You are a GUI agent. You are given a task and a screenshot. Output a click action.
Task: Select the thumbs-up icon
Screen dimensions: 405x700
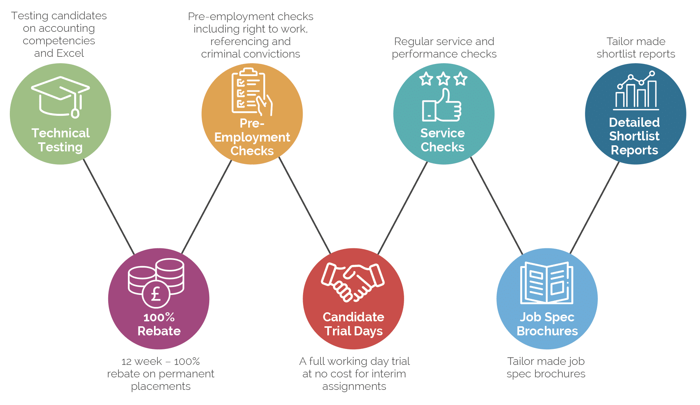point(442,106)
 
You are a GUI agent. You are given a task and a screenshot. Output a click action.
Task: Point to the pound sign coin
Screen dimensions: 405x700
point(156,294)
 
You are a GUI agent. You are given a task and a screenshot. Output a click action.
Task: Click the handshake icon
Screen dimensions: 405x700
point(353,282)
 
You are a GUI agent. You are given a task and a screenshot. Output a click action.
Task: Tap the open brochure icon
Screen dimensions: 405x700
point(547,283)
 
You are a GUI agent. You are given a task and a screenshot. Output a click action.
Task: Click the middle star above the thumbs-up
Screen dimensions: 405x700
point(443,79)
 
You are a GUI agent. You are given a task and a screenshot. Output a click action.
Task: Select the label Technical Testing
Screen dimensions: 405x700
point(61,140)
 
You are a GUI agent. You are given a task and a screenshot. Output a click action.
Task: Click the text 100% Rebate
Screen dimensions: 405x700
point(159,324)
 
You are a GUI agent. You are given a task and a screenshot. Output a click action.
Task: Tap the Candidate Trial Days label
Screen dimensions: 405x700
point(353,324)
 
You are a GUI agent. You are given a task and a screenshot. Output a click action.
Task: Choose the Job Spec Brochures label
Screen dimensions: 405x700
point(547,324)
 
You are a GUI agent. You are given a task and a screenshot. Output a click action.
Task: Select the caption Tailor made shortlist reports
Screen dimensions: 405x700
point(636,48)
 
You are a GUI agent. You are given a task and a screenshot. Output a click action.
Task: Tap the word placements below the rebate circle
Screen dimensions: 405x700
point(161,386)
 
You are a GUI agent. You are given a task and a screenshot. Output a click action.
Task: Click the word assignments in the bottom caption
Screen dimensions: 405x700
point(354,386)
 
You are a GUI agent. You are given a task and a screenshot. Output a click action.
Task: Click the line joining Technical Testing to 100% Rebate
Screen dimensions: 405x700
point(109,207)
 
